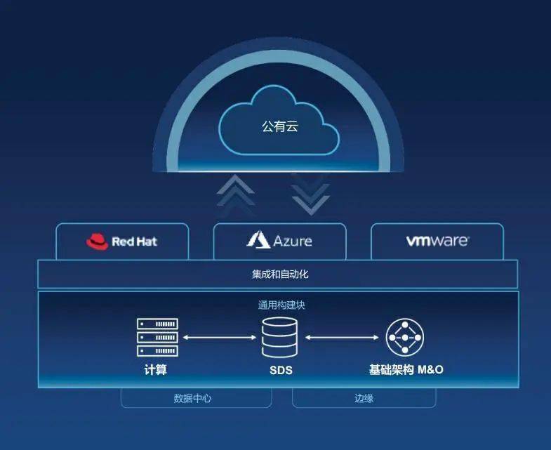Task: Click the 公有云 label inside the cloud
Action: (x=280, y=126)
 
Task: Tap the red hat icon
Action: (x=97, y=241)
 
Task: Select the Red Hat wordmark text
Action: (x=134, y=241)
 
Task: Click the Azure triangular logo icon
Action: (x=258, y=240)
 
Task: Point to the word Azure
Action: (x=293, y=241)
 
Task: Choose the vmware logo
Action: (x=437, y=241)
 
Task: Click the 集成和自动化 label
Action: (x=280, y=274)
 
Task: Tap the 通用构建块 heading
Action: (x=281, y=305)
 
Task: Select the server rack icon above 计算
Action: (x=157, y=337)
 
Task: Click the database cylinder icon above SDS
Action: (x=279, y=337)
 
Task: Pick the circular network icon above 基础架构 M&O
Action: (x=405, y=338)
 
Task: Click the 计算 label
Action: (x=156, y=369)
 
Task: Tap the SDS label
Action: (x=281, y=370)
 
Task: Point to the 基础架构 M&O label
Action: (x=406, y=369)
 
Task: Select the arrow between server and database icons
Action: (x=220, y=338)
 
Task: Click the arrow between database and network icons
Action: (x=342, y=338)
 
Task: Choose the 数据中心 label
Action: (x=192, y=398)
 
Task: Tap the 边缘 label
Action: (x=364, y=398)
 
